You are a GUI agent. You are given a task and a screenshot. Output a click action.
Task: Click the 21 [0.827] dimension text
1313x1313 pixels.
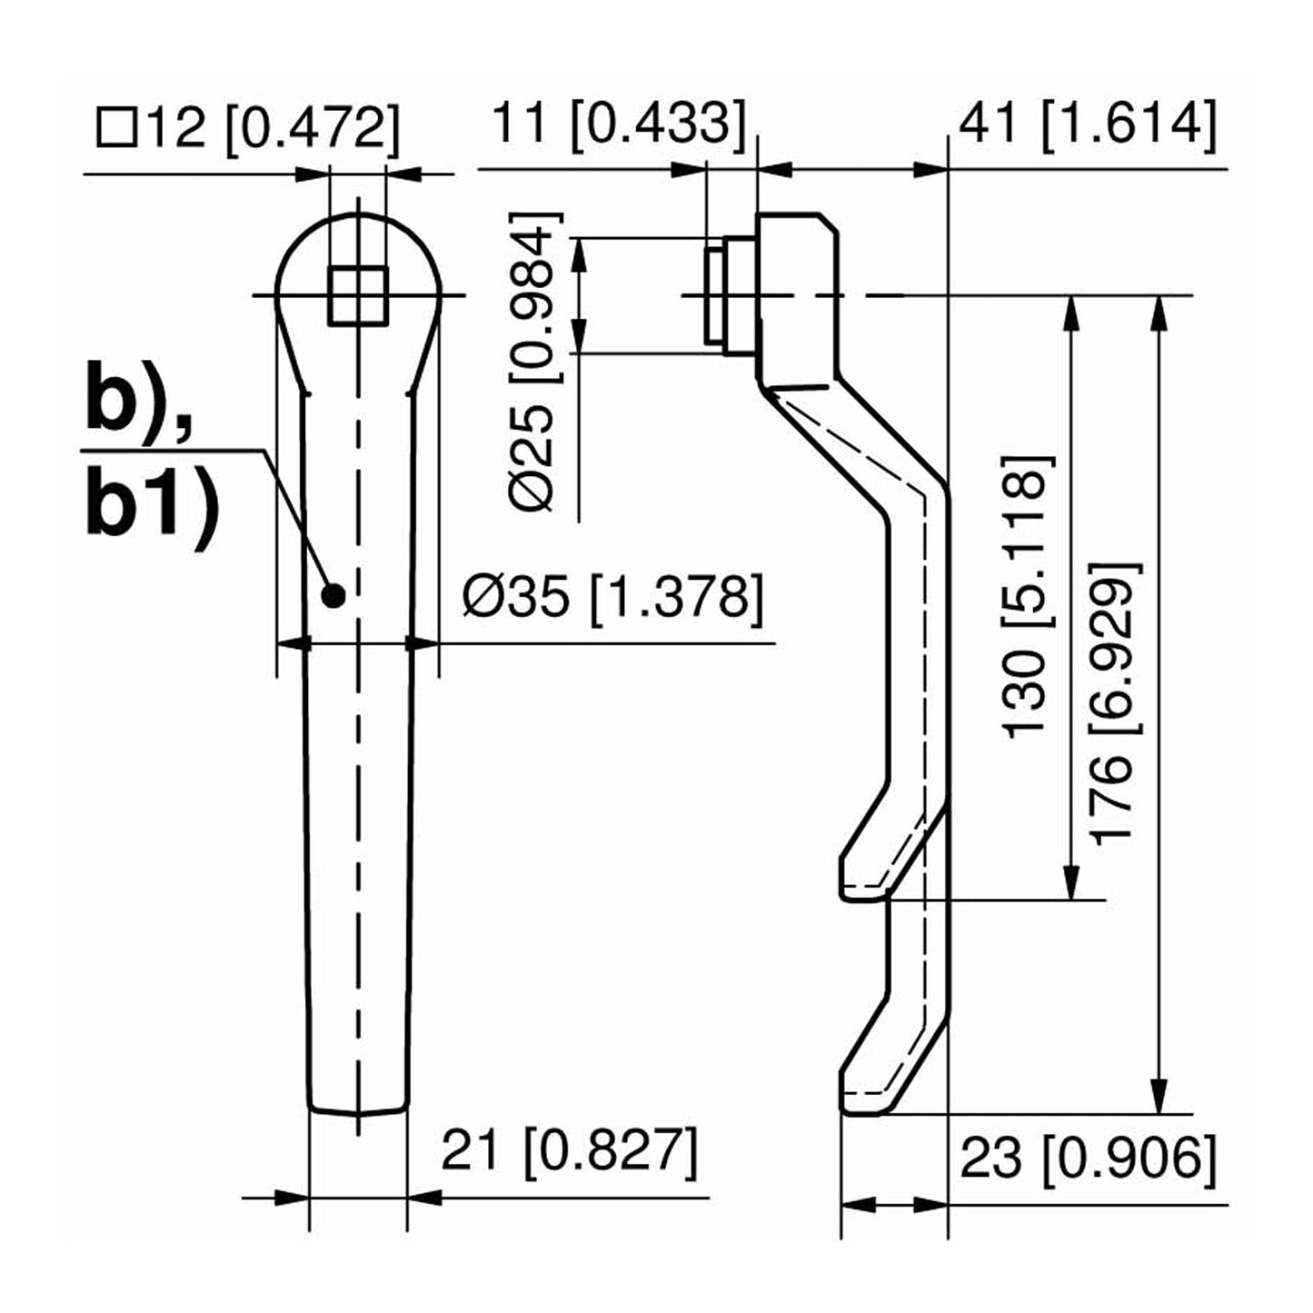coord(570,1151)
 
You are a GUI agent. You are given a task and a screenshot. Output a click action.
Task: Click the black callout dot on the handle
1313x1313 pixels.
coord(333,596)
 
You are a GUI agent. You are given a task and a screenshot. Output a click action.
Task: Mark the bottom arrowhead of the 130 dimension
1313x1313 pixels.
coord(1073,885)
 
